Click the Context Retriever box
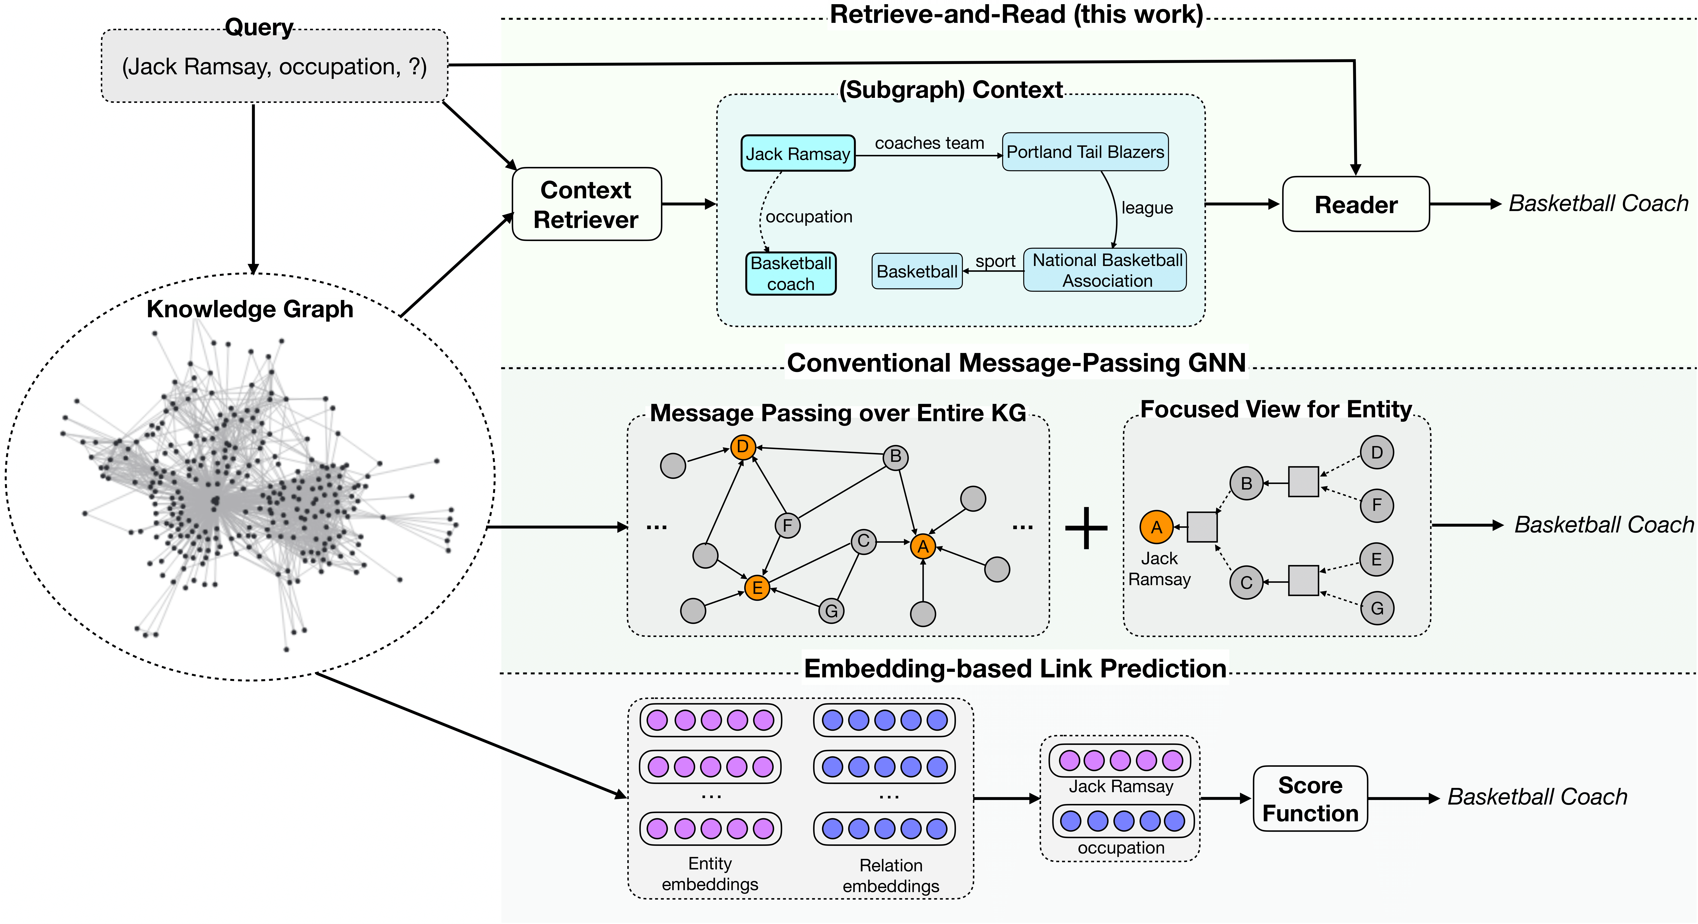coord(586,204)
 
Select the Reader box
coord(1355,204)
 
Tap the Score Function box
coord(1310,799)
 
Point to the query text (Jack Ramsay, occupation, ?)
coord(274,67)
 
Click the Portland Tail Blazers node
coord(1085,152)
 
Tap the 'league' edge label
coord(1147,208)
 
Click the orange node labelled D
coord(742,447)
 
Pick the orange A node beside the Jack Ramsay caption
coord(1156,527)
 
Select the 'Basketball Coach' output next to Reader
coord(1598,204)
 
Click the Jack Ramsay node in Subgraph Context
coord(798,153)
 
